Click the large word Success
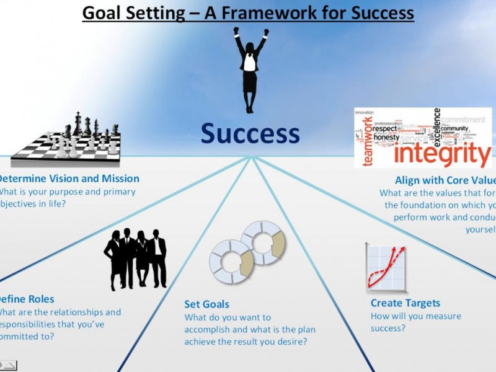pyautogui.click(x=250, y=133)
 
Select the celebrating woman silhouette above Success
pyautogui.click(x=249, y=68)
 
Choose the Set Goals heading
pyautogui.click(x=206, y=304)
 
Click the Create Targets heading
pyautogui.click(x=405, y=303)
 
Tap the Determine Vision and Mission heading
pyautogui.click(x=68, y=179)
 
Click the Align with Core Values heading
pyautogui.click(x=445, y=180)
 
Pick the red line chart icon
pyautogui.click(x=386, y=268)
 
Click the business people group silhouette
pyautogui.click(x=136, y=257)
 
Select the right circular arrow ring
pyautogui.click(x=263, y=242)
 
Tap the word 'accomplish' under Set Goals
pyautogui.click(x=211, y=329)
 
